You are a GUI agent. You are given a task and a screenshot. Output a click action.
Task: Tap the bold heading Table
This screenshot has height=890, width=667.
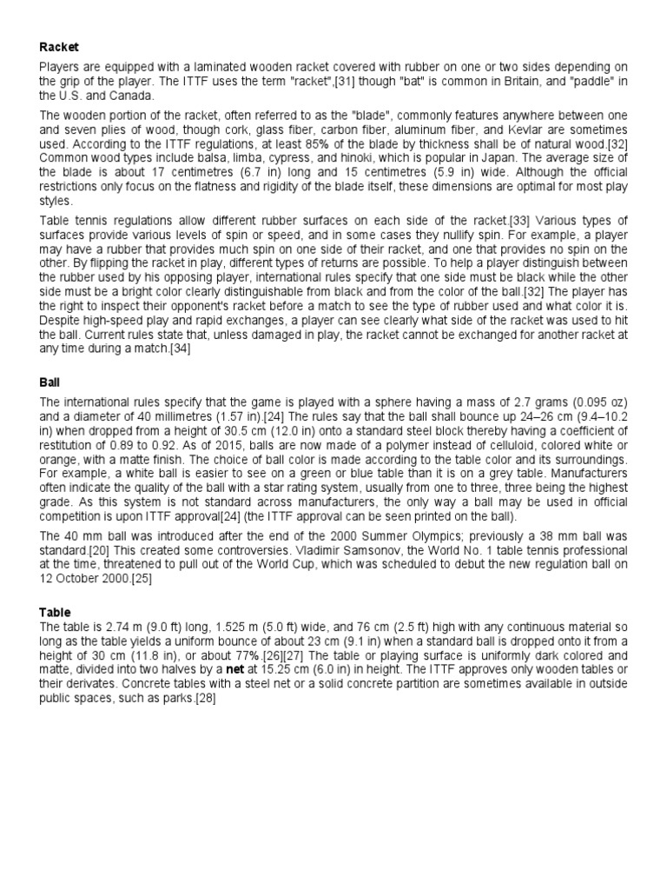point(55,612)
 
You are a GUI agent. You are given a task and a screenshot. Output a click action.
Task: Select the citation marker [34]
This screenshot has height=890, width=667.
point(180,349)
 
